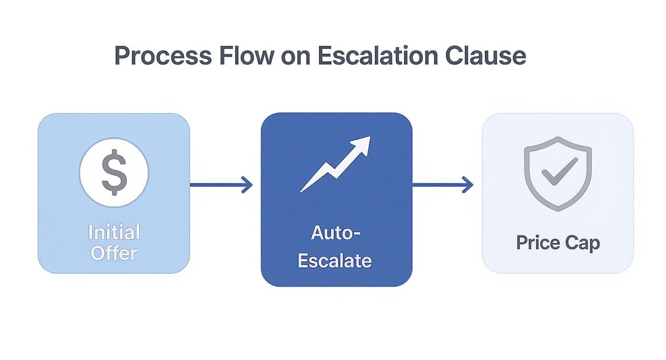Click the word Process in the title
[x=163, y=56]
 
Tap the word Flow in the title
[x=247, y=56]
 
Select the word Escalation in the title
[x=377, y=56]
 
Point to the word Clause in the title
[x=485, y=56]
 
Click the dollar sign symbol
[x=114, y=172]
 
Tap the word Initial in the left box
[x=114, y=233]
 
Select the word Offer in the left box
[x=114, y=253]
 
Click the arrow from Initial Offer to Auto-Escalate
[x=220, y=185]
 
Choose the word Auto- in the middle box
[x=335, y=233]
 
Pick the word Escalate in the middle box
[x=335, y=261]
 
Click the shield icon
[x=558, y=173]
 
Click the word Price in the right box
[x=537, y=243]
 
